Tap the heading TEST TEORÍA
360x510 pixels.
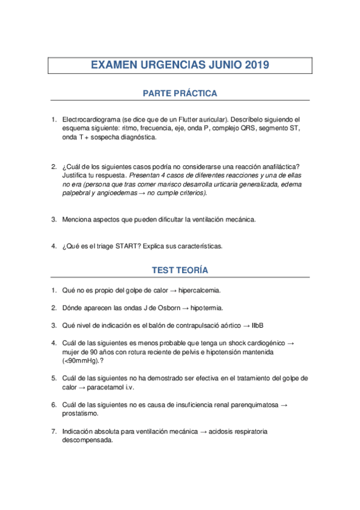180,271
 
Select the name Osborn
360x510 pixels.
169,308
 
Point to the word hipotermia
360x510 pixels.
206,308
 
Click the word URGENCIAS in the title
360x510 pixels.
169,65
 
